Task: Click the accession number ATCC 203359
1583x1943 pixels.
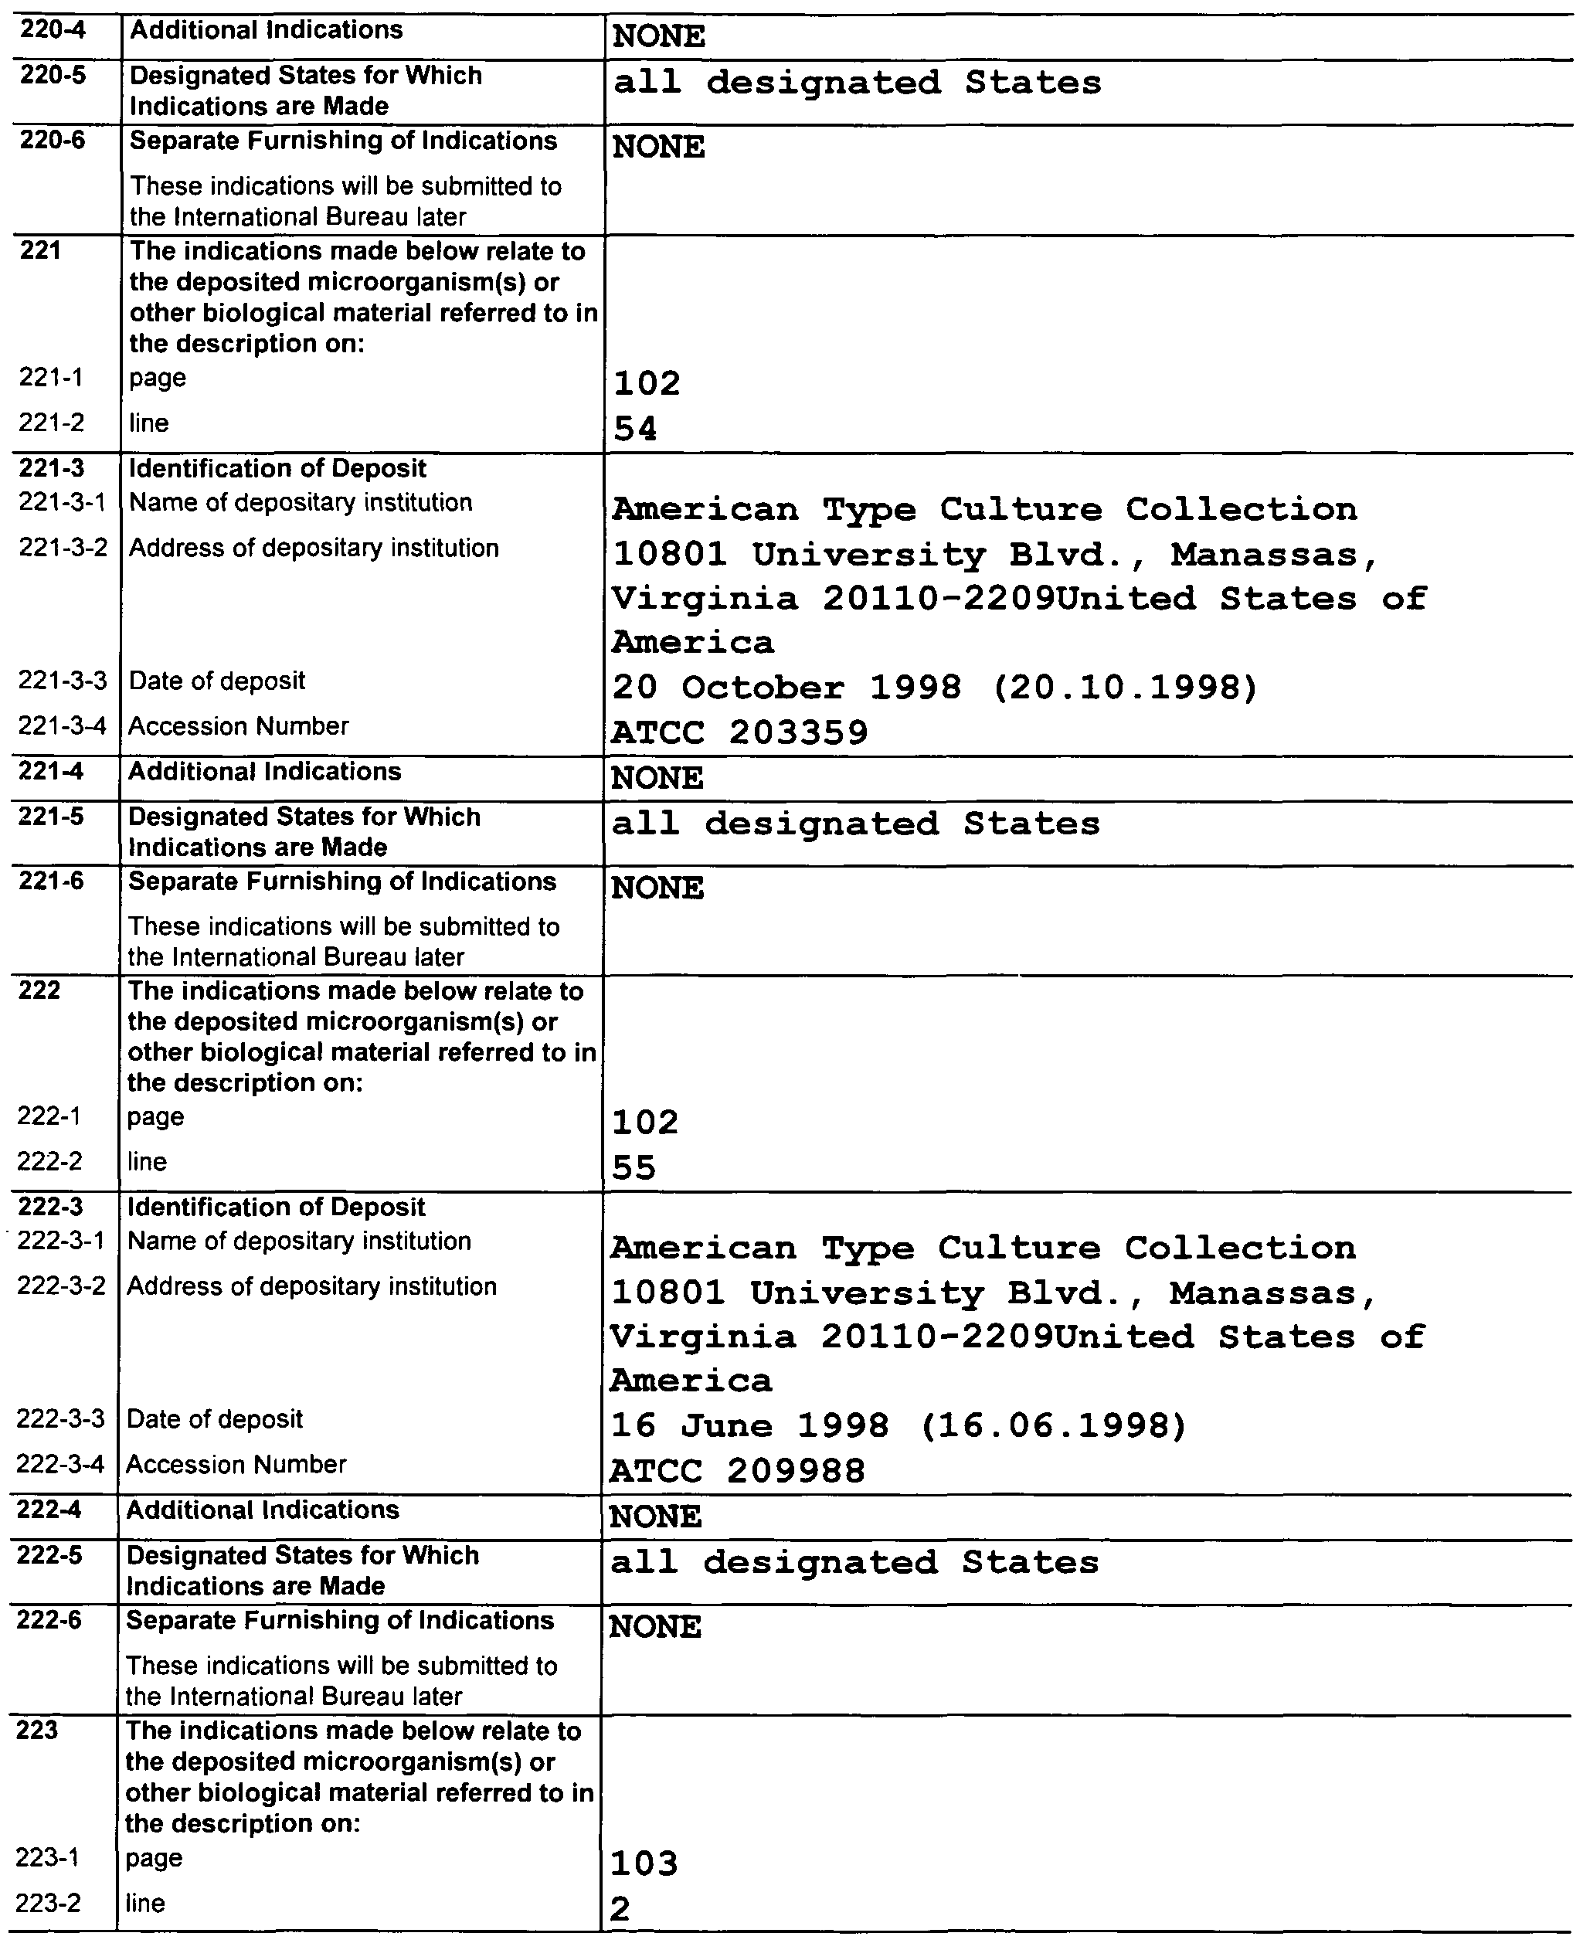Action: [x=739, y=732]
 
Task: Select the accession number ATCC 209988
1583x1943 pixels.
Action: [x=737, y=1471]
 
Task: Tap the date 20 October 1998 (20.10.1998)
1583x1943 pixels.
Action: [x=935, y=687]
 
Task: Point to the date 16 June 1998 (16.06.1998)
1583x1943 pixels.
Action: [x=899, y=1425]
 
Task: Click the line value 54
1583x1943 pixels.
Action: [x=636, y=429]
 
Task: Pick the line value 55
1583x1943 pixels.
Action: [x=634, y=1168]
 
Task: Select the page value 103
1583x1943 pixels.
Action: [x=644, y=1863]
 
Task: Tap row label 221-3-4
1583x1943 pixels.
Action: [x=62, y=727]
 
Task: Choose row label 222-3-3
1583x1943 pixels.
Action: [x=60, y=1420]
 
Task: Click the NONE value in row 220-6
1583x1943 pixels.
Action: [x=658, y=147]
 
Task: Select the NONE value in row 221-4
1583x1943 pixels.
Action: [x=657, y=779]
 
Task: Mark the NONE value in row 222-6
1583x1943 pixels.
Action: [x=654, y=1626]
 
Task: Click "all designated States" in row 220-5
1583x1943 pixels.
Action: [x=857, y=83]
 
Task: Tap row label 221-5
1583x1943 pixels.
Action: [x=51, y=817]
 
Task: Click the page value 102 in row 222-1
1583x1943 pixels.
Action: [x=644, y=1123]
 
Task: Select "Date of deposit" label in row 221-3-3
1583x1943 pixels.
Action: [x=217, y=681]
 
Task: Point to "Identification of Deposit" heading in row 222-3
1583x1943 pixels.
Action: [x=275, y=1208]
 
